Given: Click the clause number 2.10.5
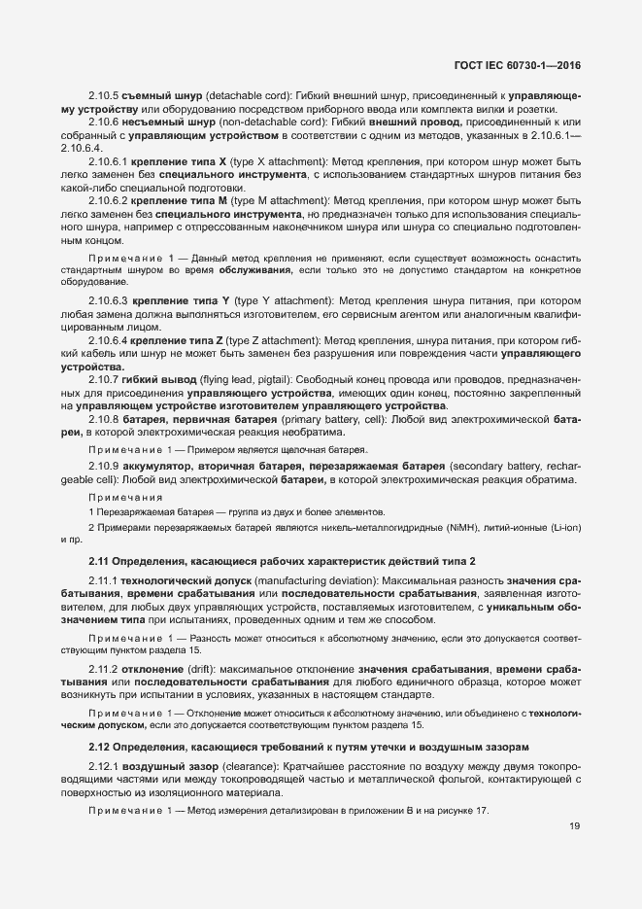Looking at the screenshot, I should coord(102,97).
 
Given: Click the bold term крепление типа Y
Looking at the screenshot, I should coord(182,300).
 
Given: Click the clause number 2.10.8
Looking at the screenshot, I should coord(102,419).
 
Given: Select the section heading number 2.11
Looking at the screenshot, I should coord(100,562).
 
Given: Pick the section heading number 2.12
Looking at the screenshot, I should coord(100,746).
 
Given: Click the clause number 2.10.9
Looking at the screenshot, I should coord(102,468).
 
